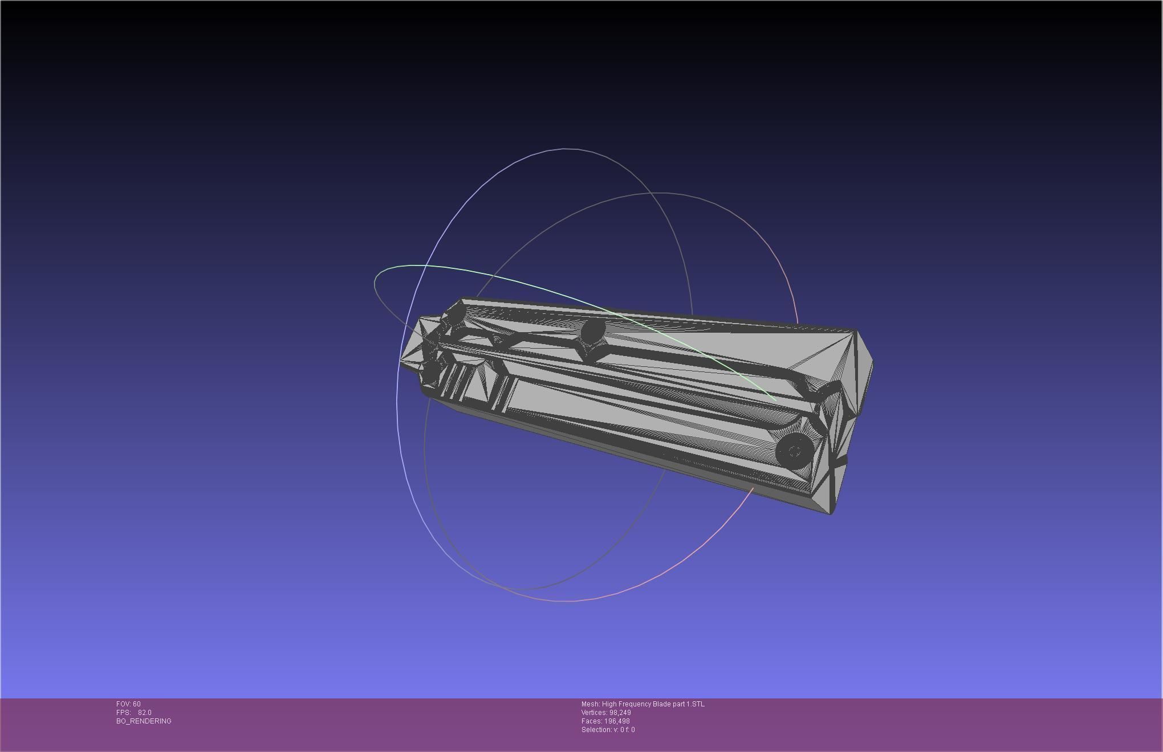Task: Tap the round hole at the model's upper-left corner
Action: (457, 316)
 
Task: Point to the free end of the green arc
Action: (776, 400)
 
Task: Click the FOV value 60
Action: (137, 704)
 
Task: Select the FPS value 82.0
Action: (145, 713)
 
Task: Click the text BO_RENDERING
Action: (144, 721)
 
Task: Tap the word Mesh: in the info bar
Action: (591, 704)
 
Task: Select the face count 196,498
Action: (617, 721)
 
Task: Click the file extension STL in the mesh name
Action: (698, 704)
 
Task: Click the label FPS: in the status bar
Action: (123, 713)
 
